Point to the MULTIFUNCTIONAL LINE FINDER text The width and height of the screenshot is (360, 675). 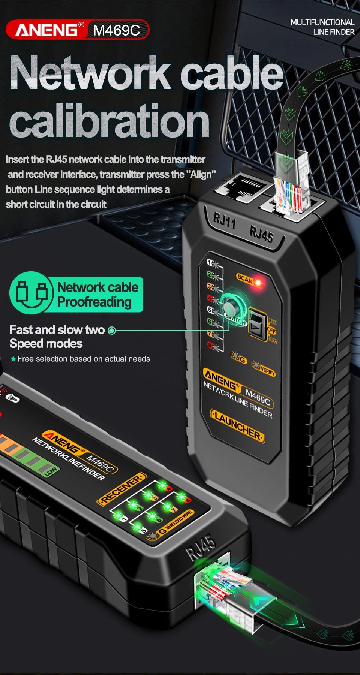pyautogui.click(x=322, y=27)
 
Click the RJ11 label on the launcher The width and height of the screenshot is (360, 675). pyautogui.click(x=224, y=221)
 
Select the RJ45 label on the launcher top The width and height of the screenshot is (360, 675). pyautogui.click(x=261, y=235)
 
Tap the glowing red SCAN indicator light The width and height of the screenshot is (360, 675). pyautogui.click(x=258, y=282)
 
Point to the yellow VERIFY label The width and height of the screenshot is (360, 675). pyautogui.click(x=267, y=371)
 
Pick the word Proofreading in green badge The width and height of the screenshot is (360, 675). pyautogui.click(x=94, y=302)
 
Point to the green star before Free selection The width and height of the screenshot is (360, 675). pyautogui.click(x=13, y=359)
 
